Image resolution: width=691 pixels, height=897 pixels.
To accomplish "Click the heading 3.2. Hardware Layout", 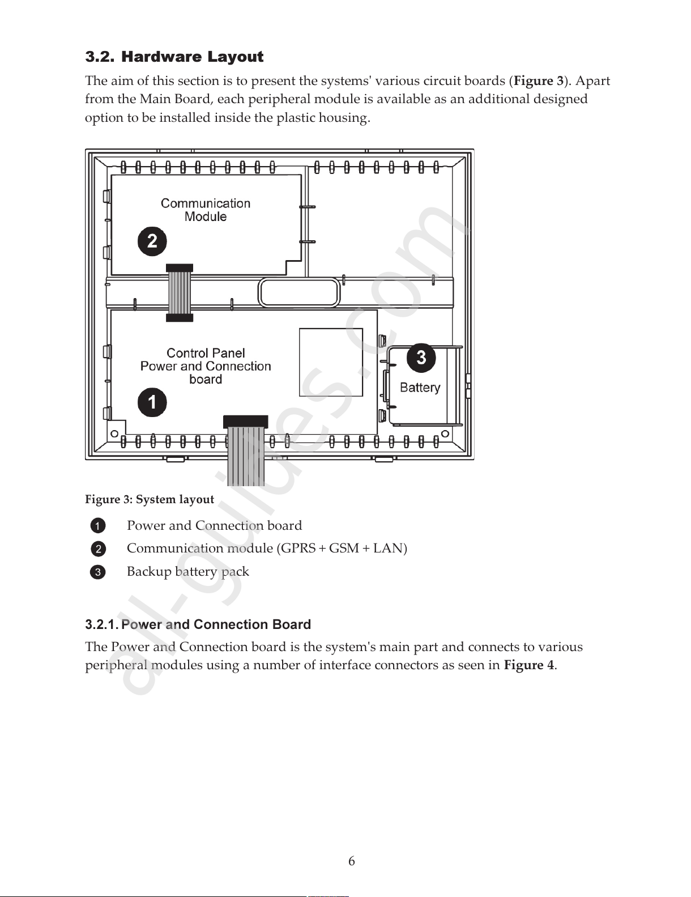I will [174, 57].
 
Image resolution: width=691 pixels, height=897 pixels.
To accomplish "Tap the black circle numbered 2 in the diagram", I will [152, 241].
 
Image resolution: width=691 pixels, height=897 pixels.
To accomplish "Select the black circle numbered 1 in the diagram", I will [152, 402].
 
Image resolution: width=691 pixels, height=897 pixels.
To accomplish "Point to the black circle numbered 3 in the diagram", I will [421, 358].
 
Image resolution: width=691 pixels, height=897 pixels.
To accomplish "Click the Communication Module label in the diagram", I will [206, 210].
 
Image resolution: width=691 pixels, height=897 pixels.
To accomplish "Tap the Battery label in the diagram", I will [420, 388].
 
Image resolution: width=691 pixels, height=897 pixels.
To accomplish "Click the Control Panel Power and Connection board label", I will [206, 366].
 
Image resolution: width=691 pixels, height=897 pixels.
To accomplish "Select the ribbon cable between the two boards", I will [180, 293].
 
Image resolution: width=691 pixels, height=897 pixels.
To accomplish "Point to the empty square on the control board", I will [331, 362].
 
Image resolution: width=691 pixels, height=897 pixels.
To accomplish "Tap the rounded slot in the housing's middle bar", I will [298, 293].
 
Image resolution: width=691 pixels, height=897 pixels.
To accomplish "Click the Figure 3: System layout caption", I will [150, 499].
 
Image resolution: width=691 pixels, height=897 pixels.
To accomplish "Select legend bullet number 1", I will [97, 526].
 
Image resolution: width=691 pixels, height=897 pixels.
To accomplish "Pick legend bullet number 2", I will [97, 549].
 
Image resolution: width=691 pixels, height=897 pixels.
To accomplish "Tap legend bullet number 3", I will [97, 572].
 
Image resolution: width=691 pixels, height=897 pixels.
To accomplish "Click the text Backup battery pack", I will [187, 571].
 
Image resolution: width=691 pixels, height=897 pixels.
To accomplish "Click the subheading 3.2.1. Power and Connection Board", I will [198, 624].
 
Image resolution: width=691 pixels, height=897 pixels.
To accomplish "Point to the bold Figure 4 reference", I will [528, 665].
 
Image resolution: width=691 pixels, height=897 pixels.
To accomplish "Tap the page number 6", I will [352, 861].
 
